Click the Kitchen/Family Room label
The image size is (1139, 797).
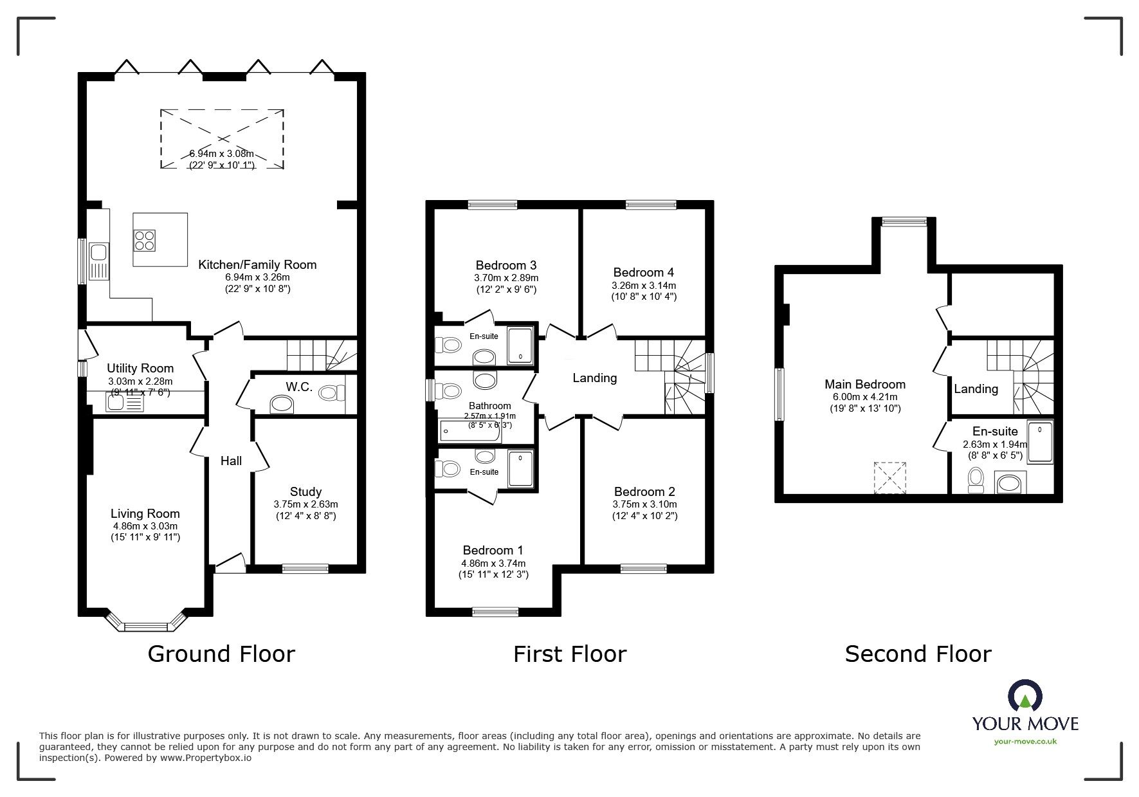257,264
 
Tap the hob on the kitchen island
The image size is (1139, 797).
145,240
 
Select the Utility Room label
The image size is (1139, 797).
140,368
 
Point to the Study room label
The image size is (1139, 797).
305,492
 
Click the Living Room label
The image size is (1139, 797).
145,513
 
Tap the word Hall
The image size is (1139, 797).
231,461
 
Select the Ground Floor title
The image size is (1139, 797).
221,654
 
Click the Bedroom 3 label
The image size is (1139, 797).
506,265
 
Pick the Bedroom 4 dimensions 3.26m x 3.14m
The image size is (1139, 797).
644,285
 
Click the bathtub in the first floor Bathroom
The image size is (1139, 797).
470,430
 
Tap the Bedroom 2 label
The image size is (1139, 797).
644,492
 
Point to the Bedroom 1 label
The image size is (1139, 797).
493,550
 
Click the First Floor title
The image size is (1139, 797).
570,654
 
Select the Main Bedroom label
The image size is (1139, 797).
865,384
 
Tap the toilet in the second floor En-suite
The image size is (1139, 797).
976,480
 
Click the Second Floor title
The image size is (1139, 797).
918,654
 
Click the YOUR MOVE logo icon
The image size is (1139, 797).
1025,696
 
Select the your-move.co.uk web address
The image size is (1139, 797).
1025,742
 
